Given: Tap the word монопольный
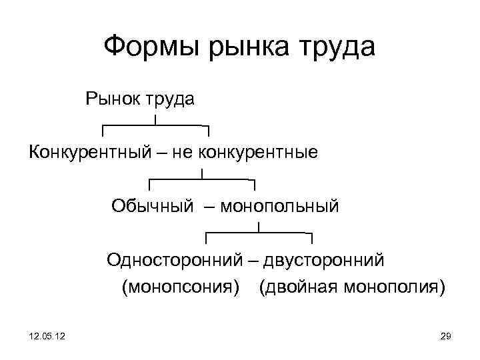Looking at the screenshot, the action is [279, 207].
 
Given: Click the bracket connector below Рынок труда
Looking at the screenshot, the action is [155, 126].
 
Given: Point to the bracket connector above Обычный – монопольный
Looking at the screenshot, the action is [202, 179].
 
